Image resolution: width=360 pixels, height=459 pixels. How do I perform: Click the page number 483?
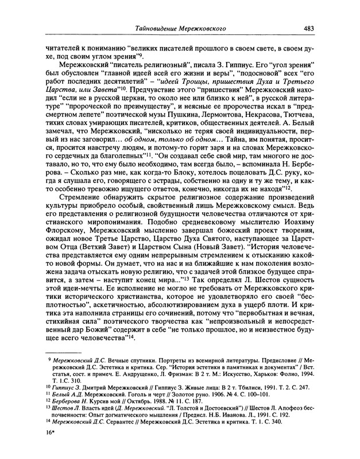pos(309,27)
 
